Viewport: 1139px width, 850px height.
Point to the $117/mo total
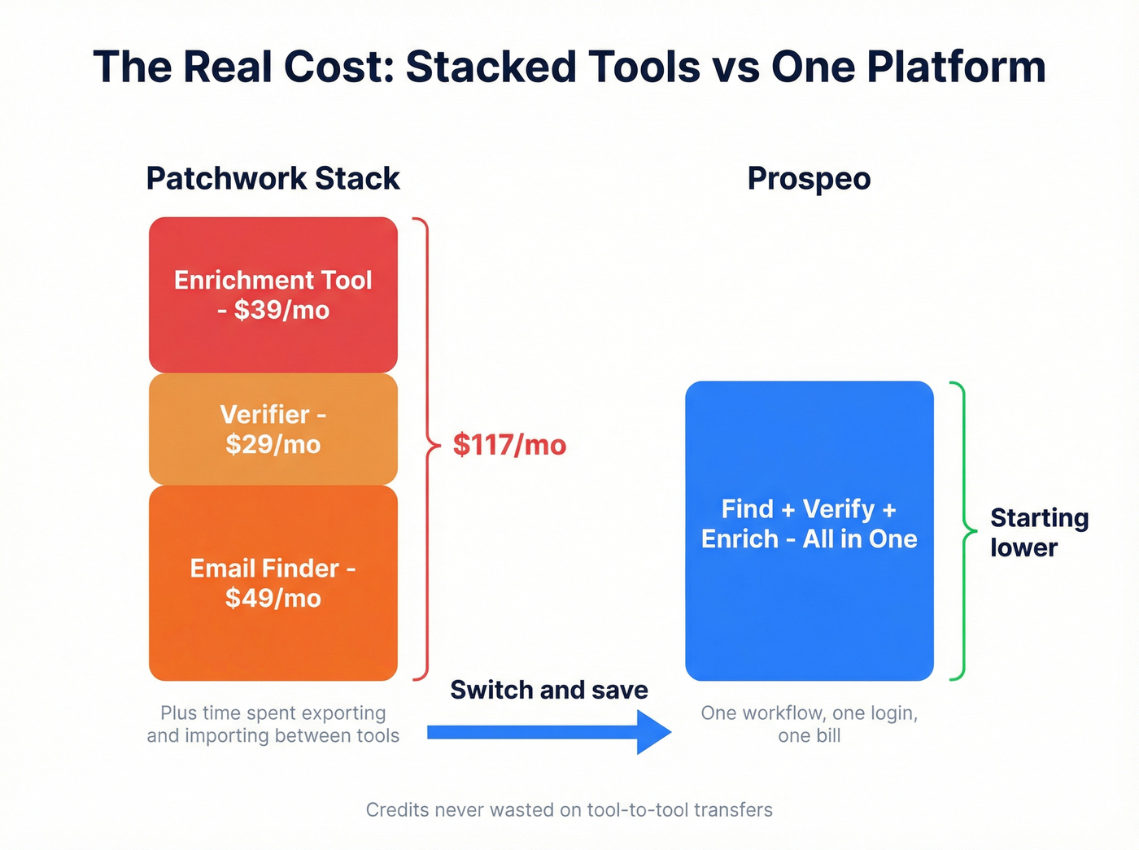tap(509, 445)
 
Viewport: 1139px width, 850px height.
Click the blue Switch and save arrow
tap(549, 732)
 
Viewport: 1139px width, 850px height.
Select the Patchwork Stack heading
tap(273, 178)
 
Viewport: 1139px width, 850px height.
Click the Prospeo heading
tap(809, 178)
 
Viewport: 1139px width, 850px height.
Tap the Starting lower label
tap(1038, 532)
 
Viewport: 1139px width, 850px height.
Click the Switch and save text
tap(549, 690)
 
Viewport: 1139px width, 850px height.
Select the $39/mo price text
tap(281, 310)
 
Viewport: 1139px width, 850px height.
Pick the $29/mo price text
tap(273, 444)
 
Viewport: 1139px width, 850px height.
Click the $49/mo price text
tap(273, 598)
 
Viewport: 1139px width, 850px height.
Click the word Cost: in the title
tap(339, 67)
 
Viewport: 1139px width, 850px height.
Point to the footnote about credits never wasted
tap(569, 809)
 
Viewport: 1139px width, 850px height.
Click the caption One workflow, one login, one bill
tap(809, 724)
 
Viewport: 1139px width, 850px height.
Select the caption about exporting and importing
tap(273, 724)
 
